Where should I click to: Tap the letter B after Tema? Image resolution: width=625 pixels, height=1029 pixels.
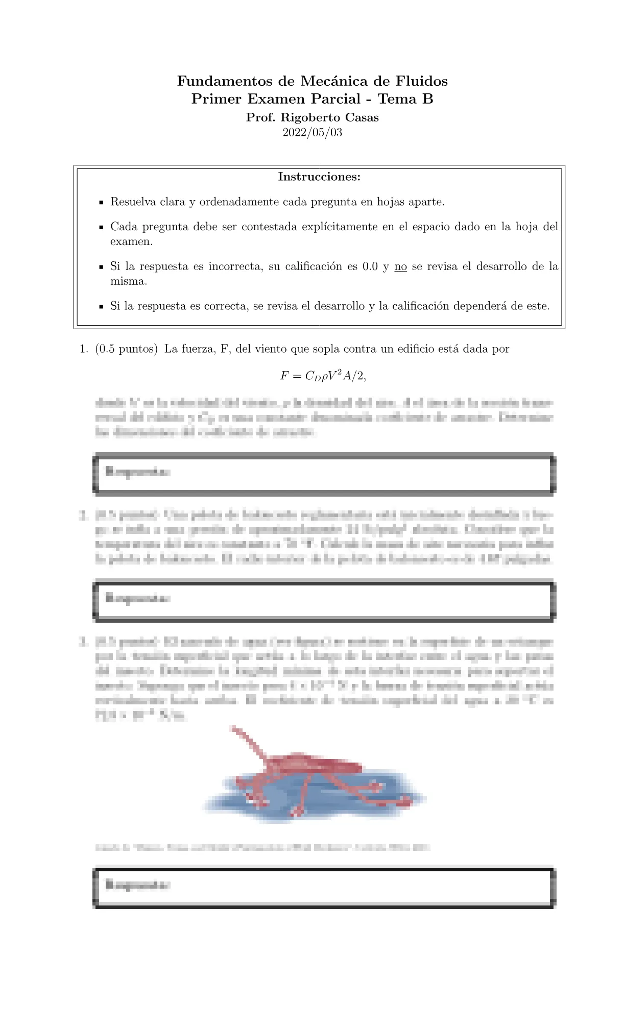(428, 99)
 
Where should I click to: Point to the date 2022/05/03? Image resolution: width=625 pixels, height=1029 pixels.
(312, 133)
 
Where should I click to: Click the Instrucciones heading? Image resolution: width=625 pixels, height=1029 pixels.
(319, 177)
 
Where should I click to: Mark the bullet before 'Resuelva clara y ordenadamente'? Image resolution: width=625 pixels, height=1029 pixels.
(102, 203)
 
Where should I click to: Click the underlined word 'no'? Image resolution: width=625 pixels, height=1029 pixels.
(401, 266)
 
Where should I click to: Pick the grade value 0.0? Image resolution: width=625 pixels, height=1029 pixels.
(370, 266)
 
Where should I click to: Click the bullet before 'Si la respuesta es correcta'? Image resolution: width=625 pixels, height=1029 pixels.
(102, 307)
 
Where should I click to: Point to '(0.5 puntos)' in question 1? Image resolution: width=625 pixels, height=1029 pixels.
(126, 349)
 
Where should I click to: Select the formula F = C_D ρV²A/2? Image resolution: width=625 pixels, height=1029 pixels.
(323, 376)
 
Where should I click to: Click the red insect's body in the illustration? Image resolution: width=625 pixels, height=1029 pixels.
(311, 765)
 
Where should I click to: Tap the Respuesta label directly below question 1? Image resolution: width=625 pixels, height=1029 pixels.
(137, 472)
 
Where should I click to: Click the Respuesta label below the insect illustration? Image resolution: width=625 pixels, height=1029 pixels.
(137, 885)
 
